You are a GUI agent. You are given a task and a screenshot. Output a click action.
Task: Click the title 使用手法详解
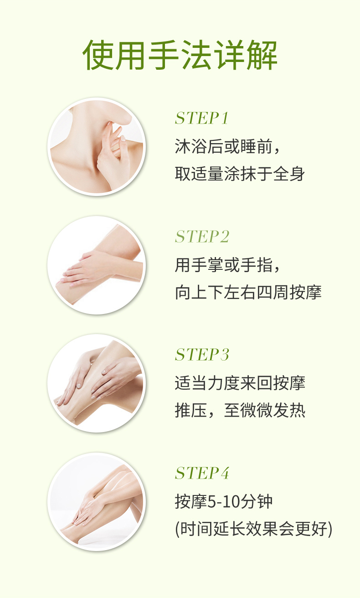tap(180, 55)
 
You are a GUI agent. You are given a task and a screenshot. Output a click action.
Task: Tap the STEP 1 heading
tap(202, 118)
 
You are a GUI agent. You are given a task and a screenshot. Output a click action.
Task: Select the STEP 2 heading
tap(202, 237)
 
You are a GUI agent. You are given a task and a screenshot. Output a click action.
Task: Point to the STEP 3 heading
tap(202, 355)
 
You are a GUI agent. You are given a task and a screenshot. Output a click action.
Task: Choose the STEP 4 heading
tap(202, 473)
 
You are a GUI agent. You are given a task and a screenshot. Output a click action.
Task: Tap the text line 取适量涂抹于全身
tap(240, 174)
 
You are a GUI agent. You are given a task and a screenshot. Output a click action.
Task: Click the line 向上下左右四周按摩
tap(248, 292)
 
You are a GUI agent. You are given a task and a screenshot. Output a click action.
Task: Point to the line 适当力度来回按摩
tap(240, 383)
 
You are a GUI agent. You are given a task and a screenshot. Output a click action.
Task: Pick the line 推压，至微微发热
tap(240, 410)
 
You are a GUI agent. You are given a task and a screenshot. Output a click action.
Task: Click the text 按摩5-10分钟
tap(224, 502)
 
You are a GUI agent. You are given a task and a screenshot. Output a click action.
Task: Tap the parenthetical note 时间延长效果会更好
tap(253, 529)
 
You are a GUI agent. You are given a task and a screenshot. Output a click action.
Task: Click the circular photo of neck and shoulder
tap(97, 147)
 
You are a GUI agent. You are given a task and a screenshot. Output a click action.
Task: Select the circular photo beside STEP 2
tap(97, 265)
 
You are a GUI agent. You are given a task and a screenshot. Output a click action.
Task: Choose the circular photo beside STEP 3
tap(97, 383)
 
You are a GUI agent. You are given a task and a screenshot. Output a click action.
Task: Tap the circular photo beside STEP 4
tap(97, 502)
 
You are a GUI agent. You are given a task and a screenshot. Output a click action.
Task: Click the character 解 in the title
tap(262, 55)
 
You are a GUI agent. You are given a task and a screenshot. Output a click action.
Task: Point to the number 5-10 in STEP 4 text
tap(224, 502)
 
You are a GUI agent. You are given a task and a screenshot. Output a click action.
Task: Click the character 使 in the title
tap(98, 55)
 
